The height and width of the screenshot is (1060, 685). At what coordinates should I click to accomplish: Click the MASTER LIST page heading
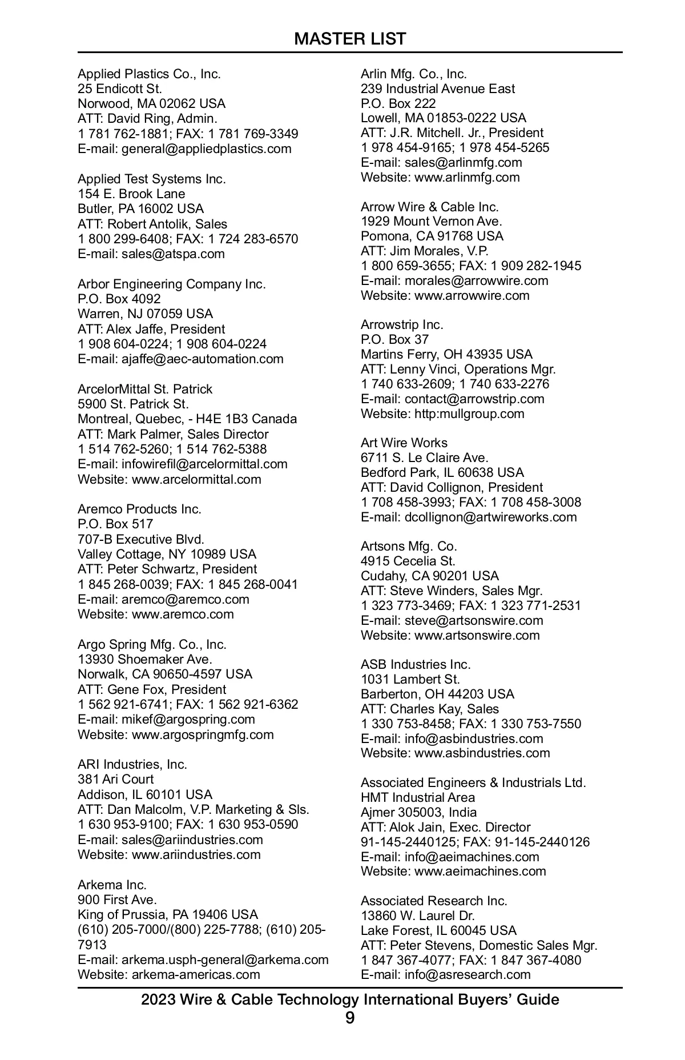[x=350, y=39]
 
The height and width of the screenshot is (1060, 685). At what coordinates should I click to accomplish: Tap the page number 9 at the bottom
[x=350, y=1018]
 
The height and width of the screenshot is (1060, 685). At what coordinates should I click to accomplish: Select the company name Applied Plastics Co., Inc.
[x=149, y=74]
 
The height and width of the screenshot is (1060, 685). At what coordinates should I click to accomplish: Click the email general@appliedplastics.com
[x=206, y=148]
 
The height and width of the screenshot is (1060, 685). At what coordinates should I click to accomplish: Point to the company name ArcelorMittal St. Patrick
[x=145, y=389]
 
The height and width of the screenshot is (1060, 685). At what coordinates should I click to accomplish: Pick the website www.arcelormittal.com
[x=196, y=479]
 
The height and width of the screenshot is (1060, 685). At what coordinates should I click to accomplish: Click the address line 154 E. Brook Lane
[x=131, y=194]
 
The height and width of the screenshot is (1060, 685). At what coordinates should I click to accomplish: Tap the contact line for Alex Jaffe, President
[x=151, y=329]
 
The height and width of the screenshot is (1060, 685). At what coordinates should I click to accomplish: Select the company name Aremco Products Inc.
[x=139, y=509]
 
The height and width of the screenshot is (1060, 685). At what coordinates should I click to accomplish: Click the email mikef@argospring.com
[x=188, y=719]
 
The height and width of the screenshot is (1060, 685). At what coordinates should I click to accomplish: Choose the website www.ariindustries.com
[x=196, y=854]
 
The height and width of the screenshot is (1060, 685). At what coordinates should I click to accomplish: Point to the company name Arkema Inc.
[x=112, y=885]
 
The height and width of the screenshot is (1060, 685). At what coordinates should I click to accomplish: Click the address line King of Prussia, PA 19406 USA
[x=168, y=914]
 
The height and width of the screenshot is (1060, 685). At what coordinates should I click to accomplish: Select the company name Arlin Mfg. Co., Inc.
[x=414, y=74]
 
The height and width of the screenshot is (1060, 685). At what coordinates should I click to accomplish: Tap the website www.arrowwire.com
[x=472, y=295]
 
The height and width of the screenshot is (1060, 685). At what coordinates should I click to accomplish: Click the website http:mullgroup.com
[x=469, y=413]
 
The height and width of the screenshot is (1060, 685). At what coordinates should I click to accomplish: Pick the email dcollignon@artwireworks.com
[x=490, y=517]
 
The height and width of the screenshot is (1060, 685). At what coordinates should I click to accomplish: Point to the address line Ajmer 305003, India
[x=418, y=812]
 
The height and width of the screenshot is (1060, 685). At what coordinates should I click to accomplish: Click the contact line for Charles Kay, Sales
[x=430, y=709]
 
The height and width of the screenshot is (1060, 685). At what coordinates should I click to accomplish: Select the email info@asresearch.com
[x=468, y=974]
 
